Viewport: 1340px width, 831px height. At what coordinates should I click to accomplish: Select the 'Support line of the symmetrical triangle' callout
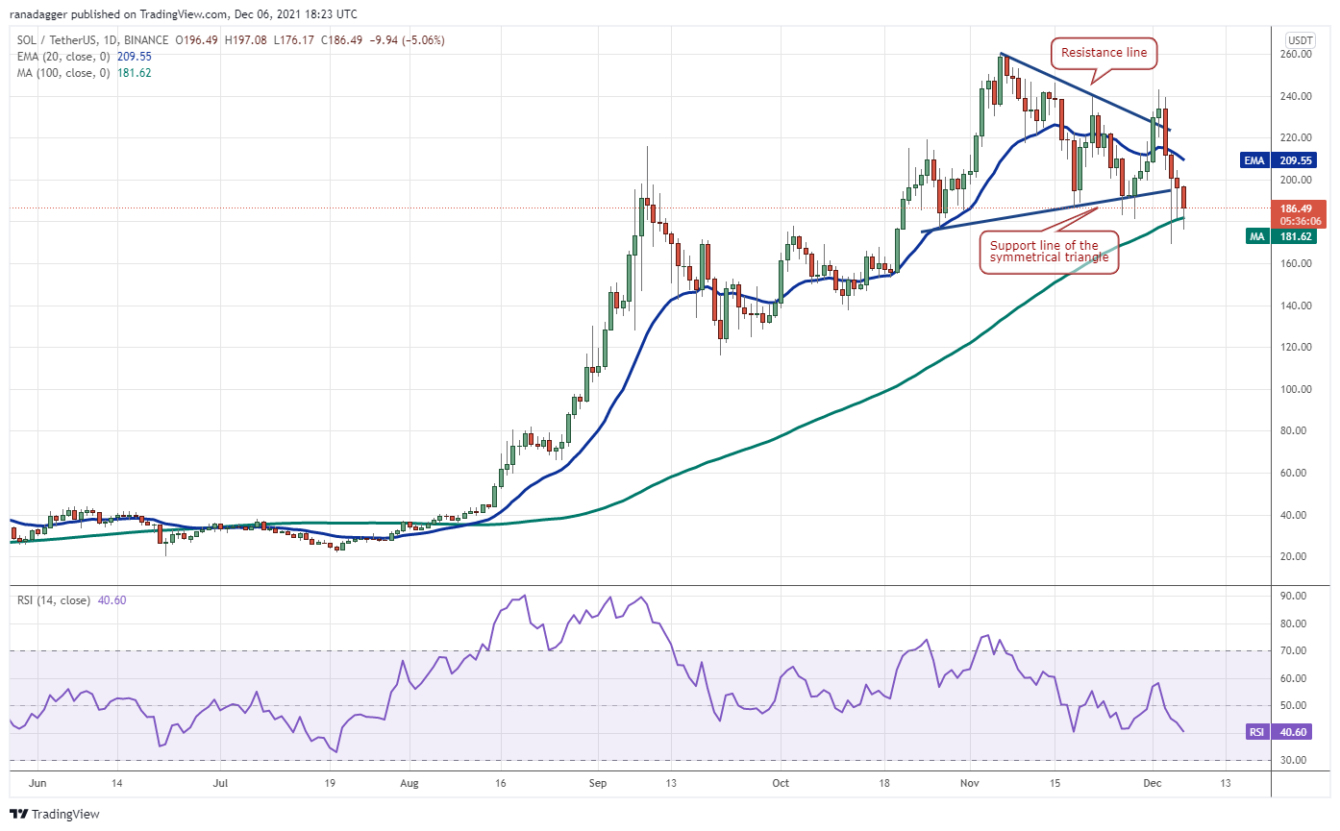tap(1050, 251)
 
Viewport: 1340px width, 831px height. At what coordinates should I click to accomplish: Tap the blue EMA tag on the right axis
tap(1253, 160)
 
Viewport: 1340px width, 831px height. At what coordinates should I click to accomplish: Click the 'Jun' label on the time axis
tap(37, 783)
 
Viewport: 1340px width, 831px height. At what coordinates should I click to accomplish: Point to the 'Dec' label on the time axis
tap(1154, 783)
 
